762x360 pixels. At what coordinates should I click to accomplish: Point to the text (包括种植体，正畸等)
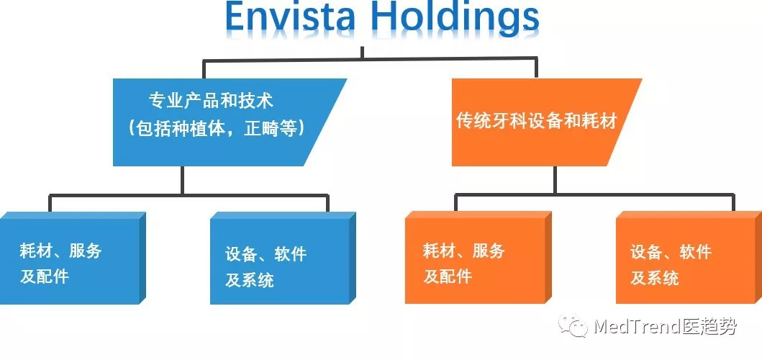coord(217,130)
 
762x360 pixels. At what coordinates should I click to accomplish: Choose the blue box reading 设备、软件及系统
coord(281,259)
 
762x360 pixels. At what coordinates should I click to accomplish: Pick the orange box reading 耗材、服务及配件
coord(475,259)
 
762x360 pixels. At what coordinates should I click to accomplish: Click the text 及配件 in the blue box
coord(45,276)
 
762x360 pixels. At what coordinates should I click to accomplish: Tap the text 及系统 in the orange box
coord(655,277)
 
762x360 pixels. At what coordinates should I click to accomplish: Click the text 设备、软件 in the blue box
coord(266,253)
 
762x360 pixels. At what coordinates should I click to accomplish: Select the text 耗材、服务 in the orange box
coord(464,251)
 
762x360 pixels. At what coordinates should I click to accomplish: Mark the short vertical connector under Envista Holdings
coord(362,53)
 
